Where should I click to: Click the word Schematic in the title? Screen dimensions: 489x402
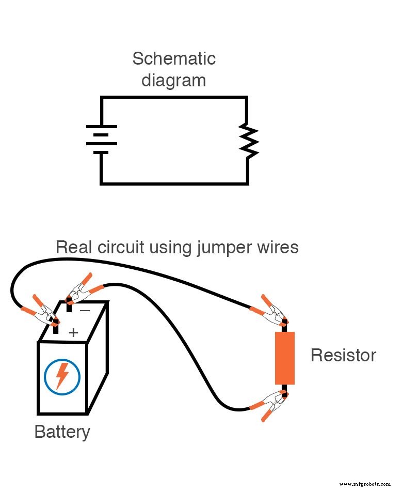pyautogui.click(x=173, y=58)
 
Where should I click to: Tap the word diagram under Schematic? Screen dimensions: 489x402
pyautogui.click(x=173, y=81)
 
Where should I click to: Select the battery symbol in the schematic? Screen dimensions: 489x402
pyautogui.click(x=101, y=140)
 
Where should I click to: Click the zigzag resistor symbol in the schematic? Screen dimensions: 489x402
pyautogui.click(x=248, y=140)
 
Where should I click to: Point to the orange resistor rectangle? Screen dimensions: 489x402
pyautogui.click(x=284, y=358)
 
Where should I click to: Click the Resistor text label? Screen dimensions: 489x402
pyautogui.click(x=343, y=356)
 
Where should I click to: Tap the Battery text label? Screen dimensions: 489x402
pyautogui.click(x=62, y=432)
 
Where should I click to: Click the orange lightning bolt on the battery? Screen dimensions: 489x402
pyautogui.click(x=62, y=376)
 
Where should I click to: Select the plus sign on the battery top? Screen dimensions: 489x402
pyautogui.click(x=73, y=332)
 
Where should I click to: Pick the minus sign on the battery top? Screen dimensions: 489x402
pyautogui.click(x=85, y=311)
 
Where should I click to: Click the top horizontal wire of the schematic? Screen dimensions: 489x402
pyautogui.click(x=173, y=97)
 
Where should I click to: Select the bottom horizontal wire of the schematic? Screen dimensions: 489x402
pyautogui.click(x=173, y=183)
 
